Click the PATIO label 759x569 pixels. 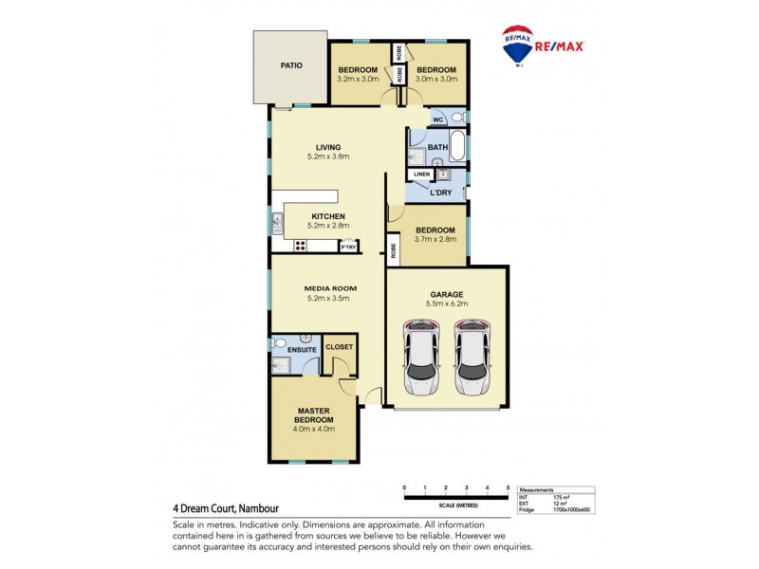click(x=290, y=66)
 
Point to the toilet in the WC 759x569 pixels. click(x=455, y=118)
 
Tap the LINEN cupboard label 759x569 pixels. click(x=421, y=174)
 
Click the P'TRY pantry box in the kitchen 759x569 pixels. click(x=348, y=247)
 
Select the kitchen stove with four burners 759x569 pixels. click(x=300, y=246)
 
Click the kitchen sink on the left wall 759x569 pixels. click(x=276, y=225)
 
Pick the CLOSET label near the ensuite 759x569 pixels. click(x=339, y=347)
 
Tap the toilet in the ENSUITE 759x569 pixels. click(x=279, y=343)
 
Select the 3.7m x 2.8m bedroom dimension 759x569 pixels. click(x=435, y=239)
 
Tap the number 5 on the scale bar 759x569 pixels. click(x=509, y=487)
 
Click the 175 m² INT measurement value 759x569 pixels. click(x=559, y=497)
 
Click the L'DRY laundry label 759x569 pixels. click(x=439, y=193)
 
